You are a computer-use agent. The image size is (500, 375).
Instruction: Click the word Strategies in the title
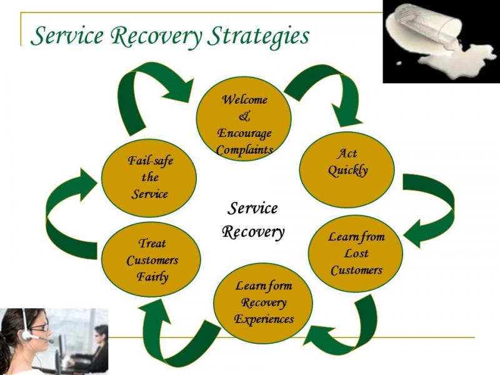coord(258,36)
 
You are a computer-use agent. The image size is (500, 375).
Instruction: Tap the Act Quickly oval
coord(347,170)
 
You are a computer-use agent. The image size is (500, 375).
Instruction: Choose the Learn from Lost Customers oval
coord(356,254)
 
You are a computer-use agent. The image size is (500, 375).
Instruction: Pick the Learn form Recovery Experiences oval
coord(263,303)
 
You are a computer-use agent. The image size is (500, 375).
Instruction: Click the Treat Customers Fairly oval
coord(151,260)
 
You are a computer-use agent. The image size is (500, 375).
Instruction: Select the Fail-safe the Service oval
coord(149,177)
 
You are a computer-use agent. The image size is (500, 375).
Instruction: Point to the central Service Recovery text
coord(252,220)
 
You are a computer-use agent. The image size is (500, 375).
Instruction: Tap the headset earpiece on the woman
coord(26,335)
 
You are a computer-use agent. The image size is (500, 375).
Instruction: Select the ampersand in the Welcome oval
coord(244,116)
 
